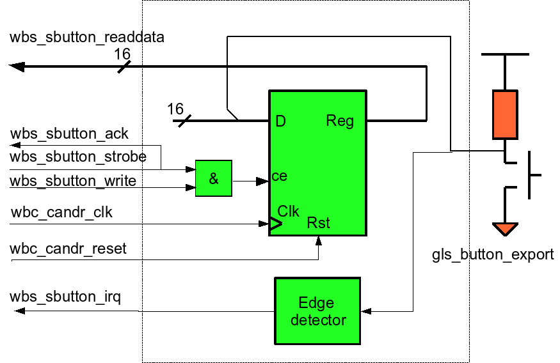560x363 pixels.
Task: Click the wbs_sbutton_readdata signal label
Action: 87,37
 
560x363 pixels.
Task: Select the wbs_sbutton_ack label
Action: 69,134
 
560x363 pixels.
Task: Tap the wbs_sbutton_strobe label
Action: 78,157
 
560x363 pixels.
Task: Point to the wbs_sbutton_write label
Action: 73,181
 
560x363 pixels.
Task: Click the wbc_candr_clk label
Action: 61,212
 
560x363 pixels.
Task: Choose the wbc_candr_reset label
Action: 68,248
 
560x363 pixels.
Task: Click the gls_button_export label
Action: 493,254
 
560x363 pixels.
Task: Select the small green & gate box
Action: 213,179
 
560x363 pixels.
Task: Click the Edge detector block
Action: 317,311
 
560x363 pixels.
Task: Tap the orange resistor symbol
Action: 505,114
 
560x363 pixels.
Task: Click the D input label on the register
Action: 280,121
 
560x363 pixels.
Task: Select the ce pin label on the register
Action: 279,176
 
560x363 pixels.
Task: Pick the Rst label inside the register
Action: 318,223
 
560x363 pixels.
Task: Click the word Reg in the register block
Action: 340,121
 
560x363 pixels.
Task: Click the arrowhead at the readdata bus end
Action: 16,66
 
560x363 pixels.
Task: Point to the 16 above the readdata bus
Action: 122,54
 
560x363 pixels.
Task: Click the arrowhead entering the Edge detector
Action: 366,311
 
